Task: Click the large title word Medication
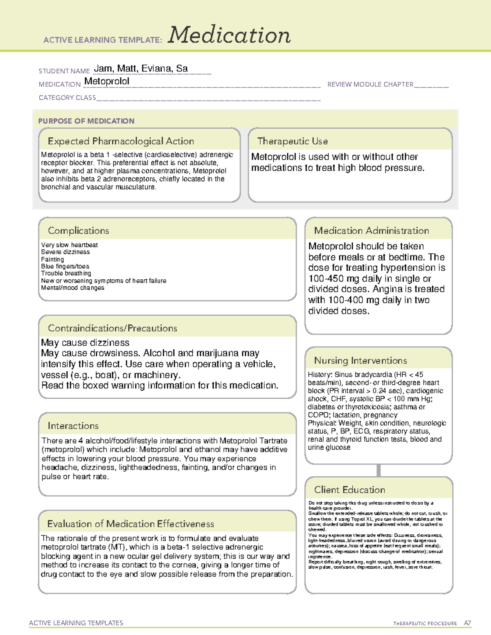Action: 229,35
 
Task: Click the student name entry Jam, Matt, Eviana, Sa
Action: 141,69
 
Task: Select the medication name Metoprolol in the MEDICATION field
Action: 107,81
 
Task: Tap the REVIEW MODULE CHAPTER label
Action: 370,84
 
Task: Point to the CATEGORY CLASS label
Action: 67,98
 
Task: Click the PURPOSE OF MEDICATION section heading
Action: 86,121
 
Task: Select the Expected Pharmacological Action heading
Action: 121,141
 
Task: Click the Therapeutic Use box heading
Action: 292,141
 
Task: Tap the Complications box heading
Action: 78,231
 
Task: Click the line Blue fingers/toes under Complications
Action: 65,266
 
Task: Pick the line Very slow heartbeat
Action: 69,245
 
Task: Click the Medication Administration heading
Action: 371,231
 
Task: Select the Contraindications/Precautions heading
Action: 112,328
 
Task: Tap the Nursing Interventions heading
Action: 360,361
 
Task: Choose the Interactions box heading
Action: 73,426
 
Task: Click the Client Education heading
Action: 349,490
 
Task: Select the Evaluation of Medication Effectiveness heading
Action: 131,524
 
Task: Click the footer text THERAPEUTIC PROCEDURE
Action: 425,624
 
